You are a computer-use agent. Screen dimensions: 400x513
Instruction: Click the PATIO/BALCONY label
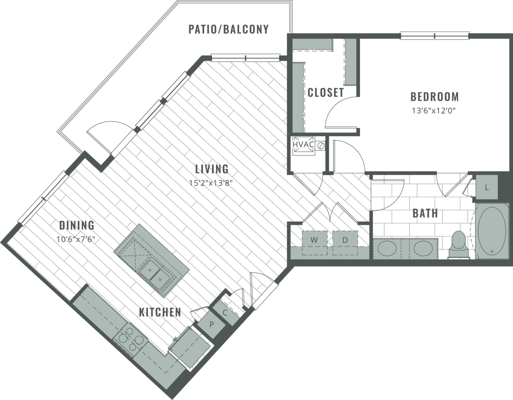pos(228,29)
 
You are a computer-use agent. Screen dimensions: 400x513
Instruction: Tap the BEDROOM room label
pos(434,96)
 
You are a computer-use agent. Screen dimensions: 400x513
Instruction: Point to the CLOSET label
pos(325,92)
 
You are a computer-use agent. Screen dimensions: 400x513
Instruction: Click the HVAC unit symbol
pos(303,145)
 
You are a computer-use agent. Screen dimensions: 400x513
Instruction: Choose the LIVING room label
pos(212,169)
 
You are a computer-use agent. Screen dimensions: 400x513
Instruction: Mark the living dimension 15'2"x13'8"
pos(211,183)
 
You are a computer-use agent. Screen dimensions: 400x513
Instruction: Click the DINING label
pos(77,225)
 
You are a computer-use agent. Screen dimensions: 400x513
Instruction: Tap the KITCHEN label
pos(160,312)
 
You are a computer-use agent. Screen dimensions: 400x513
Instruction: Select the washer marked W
pos(314,241)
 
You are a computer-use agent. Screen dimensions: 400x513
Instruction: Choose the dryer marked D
pos(345,241)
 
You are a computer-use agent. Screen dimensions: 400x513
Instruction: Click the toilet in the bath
pos(458,243)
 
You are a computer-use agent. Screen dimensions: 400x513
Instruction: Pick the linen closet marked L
pos(487,187)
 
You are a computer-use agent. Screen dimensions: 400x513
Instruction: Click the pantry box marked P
pos(211,324)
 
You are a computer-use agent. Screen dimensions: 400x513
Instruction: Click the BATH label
pos(425,213)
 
